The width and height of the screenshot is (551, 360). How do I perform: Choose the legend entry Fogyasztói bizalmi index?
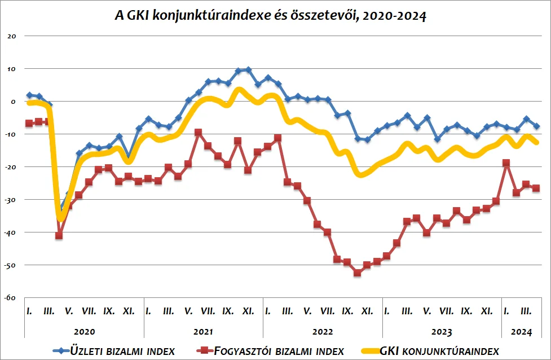(279, 351)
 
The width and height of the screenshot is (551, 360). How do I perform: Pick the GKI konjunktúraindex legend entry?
(439, 351)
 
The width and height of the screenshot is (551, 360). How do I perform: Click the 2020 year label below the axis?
(84, 332)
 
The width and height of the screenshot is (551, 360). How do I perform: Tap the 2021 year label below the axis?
(203, 332)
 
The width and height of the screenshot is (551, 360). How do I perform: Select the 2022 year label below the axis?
(323, 332)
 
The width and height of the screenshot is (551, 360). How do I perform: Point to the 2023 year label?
(442, 332)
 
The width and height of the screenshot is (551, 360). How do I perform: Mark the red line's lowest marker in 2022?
(357, 273)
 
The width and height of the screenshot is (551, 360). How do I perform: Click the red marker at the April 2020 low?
(59, 235)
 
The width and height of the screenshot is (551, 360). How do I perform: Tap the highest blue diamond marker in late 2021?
(248, 70)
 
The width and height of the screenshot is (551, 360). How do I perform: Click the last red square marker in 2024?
(536, 188)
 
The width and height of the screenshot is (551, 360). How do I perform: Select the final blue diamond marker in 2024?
(536, 126)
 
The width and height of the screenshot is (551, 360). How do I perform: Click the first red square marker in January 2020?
(29, 123)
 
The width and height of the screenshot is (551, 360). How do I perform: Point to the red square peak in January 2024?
(506, 163)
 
